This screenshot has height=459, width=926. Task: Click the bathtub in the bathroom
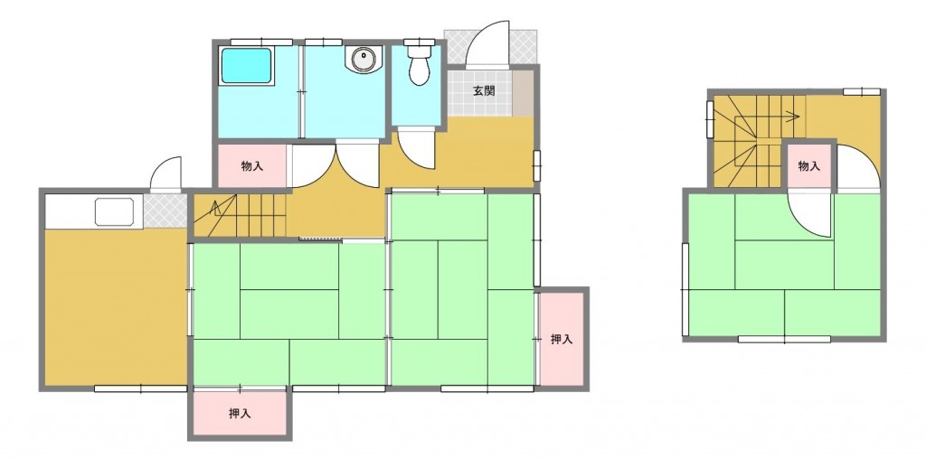248,66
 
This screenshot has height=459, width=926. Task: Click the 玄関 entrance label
483,90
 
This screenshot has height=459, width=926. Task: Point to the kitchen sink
117,213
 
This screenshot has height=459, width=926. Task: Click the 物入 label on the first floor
251,166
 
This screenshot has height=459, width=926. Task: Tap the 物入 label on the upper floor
808,166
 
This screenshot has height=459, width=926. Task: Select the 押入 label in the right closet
562,340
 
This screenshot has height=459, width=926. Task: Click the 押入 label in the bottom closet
239,414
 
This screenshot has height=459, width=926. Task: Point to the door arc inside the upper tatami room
810,217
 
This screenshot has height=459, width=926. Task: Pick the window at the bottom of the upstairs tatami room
784,339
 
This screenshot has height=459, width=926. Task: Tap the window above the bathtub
260,42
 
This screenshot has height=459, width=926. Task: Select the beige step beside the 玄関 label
522,92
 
